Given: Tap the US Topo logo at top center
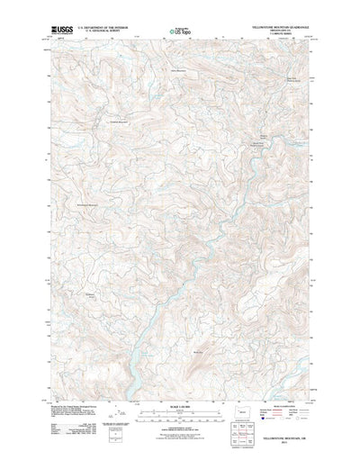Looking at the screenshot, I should click(x=179, y=33).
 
